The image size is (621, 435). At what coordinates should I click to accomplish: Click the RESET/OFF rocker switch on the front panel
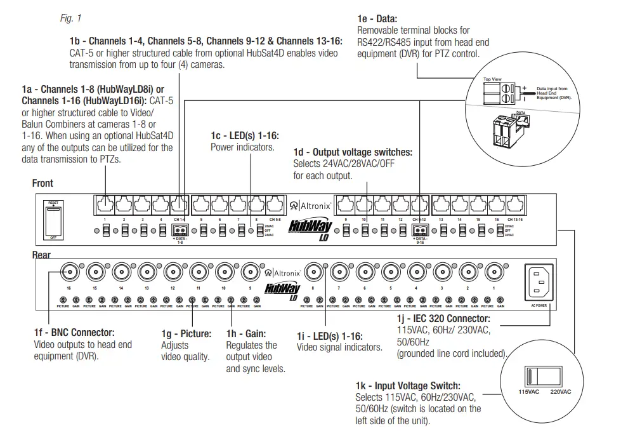(x=53, y=220)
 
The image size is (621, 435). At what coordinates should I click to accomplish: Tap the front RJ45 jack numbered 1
(x=105, y=204)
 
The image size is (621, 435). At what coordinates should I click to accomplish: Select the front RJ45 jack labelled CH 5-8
(x=274, y=204)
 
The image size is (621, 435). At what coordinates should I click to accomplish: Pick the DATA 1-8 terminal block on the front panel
(x=180, y=231)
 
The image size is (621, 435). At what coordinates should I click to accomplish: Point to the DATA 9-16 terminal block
(x=419, y=231)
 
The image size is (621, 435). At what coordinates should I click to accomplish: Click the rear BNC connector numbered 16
(x=69, y=274)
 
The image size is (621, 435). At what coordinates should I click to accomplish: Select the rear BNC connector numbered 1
(x=494, y=274)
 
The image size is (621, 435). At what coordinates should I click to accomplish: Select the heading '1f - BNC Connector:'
(x=74, y=332)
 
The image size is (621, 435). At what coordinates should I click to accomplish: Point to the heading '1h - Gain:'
(x=246, y=333)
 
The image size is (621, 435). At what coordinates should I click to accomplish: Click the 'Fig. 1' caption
(x=71, y=18)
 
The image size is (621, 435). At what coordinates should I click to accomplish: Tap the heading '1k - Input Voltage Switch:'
(x=408, y=385)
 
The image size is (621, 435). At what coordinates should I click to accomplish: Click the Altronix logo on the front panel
(x=311, y=206)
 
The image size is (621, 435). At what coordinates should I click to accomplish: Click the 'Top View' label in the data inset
(x=492, y=79)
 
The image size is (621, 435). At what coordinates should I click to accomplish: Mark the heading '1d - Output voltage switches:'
(x=353, y=152)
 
